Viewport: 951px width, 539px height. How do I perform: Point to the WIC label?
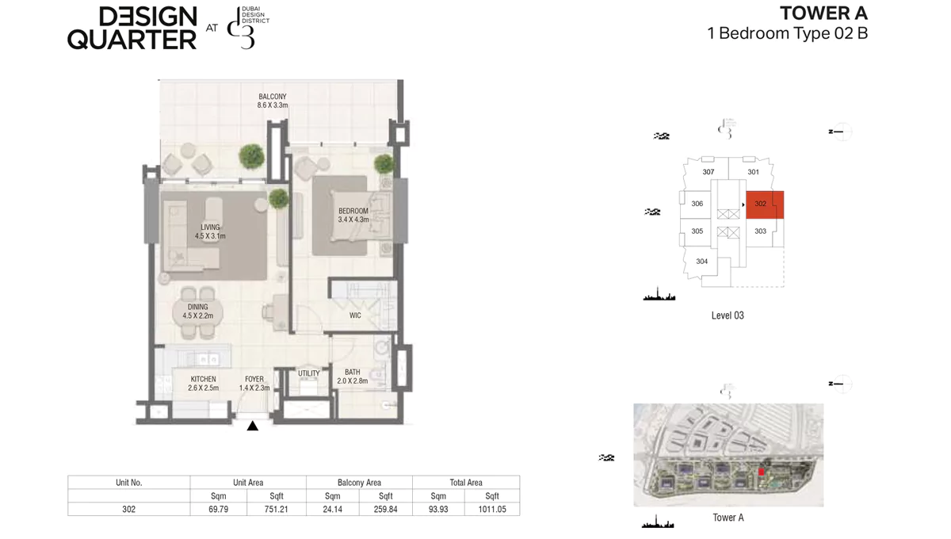pyautogui.click(x=355, y=315)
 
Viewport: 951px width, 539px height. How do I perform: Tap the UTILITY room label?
pyautogui.click(x=309, y=373)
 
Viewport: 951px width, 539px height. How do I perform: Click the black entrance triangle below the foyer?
pyautogui.click(x=253, y=426)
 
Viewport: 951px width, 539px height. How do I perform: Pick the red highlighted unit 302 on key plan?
pyautogui.click(x=765, y=205)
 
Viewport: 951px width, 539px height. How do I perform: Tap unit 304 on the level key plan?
pyautogui.click(x=702, y=262)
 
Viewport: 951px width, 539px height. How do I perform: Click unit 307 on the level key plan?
pyautogui.click(x=708, y=172)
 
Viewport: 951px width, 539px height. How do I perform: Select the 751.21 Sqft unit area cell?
pyautogui.click(x=277, y=510)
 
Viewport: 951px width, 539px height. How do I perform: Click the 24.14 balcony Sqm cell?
pyautogui.click(x=333, y=510)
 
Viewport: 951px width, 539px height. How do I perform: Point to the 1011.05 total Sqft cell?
pyautogui.click(x=492, y=510)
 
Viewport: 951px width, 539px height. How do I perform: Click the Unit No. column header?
pyautogui.click(x=128, y=482)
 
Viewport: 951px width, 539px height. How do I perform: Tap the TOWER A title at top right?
pyautogui.click(x=823, y=13)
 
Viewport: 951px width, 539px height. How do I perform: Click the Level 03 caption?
pyautogui.click(x=728, y=315)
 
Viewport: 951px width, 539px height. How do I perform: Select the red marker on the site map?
pyautogui.click(x=762, y=472)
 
